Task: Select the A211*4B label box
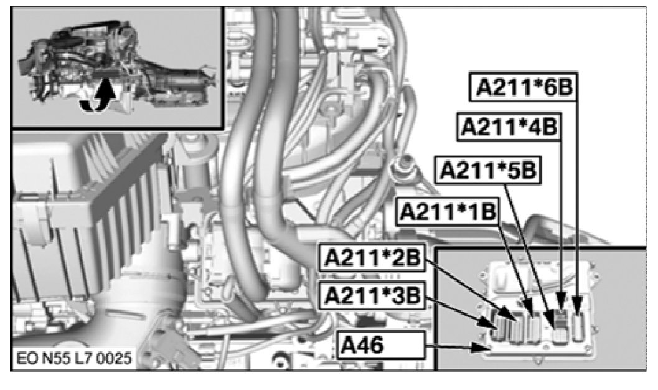pos(509,127)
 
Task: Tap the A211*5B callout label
pos(489,171)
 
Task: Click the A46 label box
pos(382,345)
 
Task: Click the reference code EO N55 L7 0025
pos(74,358)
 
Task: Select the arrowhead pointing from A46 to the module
pos(480,347)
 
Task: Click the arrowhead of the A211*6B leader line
pos(578,305)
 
